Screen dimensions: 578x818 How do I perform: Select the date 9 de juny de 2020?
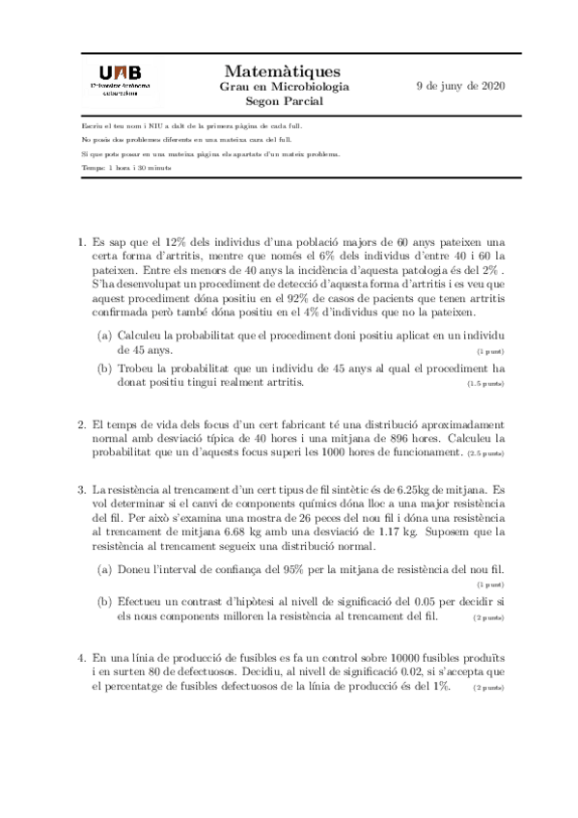(460, 86)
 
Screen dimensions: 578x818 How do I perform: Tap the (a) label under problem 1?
(104, 334)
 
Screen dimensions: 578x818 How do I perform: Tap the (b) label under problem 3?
(104, 601)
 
